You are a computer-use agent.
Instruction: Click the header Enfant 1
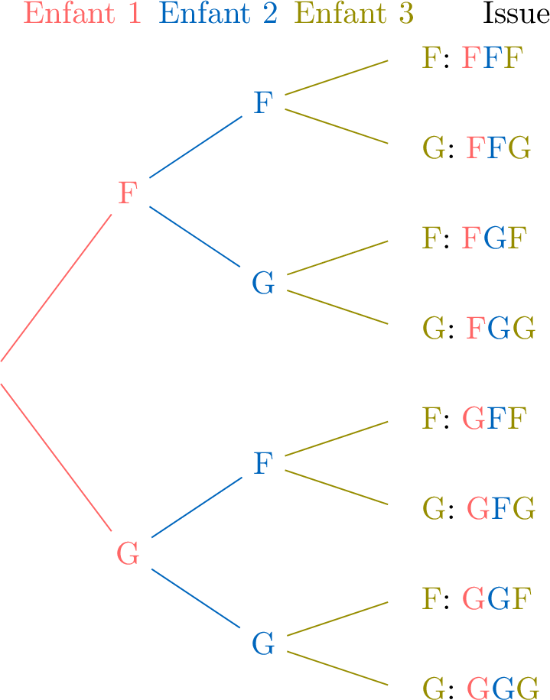point(83,14)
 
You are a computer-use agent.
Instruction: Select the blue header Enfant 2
point(218,14)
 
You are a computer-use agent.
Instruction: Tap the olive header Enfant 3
point(354,14)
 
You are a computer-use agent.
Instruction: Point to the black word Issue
point(516,14)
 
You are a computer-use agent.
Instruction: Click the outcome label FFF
point(493,58)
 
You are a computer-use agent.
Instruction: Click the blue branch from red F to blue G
point(195,237)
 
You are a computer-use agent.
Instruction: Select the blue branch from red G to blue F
point(195,507)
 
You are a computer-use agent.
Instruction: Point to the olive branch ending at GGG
point(337,669)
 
